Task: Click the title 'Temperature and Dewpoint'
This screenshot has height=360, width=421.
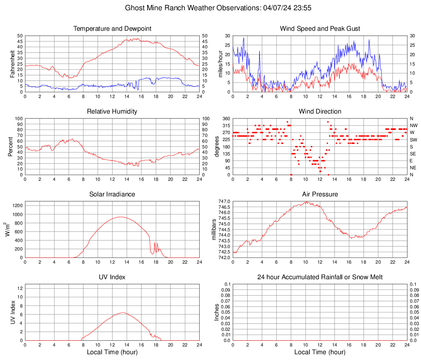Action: coord(112,29)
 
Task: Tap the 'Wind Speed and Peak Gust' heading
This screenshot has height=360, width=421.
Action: coord(320,29)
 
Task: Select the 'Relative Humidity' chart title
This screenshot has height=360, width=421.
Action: coord(112,112)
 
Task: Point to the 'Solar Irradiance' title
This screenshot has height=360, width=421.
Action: coord(112,194)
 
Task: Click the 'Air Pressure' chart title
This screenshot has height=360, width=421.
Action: coord(320,194)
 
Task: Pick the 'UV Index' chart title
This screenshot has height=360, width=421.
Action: coord(112,277)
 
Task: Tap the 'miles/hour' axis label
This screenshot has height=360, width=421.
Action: coord(220,64)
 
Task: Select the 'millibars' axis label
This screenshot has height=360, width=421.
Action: coord(214,229)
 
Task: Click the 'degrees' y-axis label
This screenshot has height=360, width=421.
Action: coord(217,146)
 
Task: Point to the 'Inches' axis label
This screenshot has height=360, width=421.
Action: coord(217,312)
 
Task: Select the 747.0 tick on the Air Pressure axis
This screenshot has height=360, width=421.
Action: coord(224,201)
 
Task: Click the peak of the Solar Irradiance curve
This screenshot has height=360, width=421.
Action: coord(121,217)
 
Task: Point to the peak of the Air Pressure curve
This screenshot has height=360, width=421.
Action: coord(306,201)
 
